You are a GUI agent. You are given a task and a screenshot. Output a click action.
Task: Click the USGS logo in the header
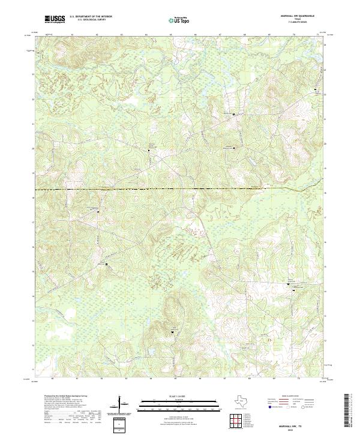(55, 19)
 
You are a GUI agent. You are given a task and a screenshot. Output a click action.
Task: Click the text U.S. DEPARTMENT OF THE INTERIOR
(91, 17)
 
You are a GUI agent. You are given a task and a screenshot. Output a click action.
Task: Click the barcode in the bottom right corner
(351, 409)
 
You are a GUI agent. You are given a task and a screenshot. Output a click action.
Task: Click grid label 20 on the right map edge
(325, 144)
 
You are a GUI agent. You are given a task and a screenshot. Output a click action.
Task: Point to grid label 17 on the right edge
(325, 217)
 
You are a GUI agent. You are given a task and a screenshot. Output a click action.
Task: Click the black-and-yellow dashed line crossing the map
(180, 189)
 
